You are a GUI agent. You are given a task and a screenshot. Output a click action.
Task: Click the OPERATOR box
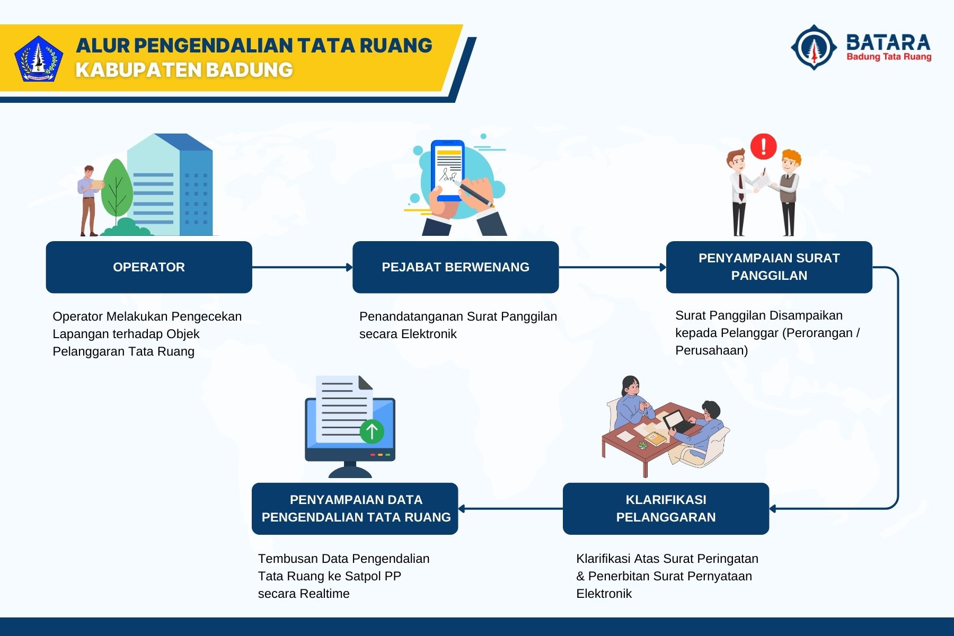pos(149,267)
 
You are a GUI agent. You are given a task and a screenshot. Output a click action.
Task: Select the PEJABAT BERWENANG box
pos(455,267)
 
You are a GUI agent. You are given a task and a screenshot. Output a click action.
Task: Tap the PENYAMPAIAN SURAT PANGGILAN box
pos(768,267)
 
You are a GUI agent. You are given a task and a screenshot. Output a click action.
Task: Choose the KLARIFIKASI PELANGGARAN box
pos(666,508)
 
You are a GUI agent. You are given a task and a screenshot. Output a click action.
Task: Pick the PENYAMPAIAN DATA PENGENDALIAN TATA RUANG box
pos(355,508)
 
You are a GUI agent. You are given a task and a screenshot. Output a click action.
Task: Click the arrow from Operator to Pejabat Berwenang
pos(302,267)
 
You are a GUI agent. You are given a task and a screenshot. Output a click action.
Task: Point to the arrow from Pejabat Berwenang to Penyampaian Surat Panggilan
pos(612,267)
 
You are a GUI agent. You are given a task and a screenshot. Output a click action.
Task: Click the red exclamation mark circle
pos(763,146)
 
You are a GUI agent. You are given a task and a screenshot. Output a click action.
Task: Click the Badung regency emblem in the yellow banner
pos(38,59)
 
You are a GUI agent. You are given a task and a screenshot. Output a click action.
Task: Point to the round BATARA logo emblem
pos(814,47)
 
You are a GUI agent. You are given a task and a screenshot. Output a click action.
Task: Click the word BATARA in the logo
pos(888,42)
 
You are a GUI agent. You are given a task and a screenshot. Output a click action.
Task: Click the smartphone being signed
pos(447,170)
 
